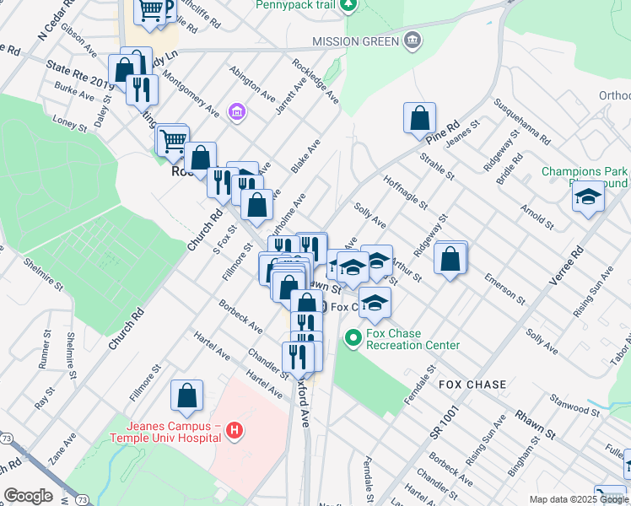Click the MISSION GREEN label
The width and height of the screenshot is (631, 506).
point(353,41)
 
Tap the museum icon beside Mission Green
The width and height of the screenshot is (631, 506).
point(412,40)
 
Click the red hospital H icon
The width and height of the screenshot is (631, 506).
point(235,433)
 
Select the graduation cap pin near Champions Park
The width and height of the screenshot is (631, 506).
point(588,197)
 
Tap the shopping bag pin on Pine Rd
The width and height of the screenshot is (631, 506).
point(419,119)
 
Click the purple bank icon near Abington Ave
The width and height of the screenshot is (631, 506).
point(237,111)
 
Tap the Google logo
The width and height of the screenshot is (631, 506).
point(28,496)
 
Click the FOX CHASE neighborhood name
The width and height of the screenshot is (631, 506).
point(472,385)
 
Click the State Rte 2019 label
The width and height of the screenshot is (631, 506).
point(79,73)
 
